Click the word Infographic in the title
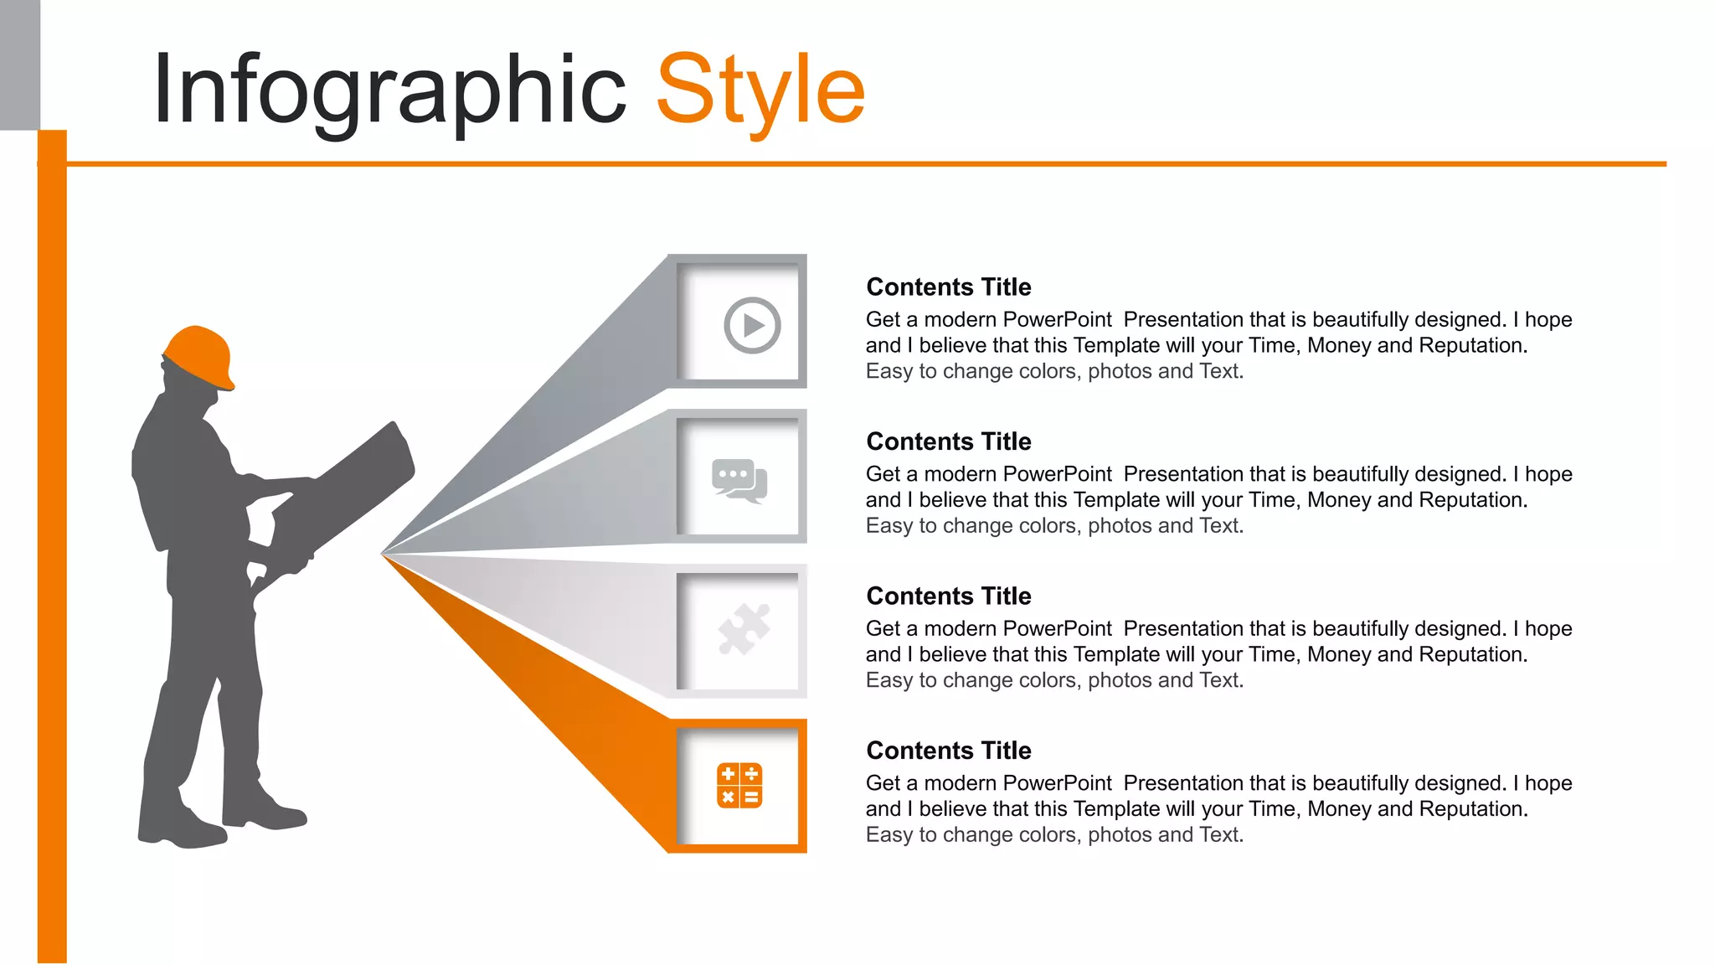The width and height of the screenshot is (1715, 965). [x=389, y=90]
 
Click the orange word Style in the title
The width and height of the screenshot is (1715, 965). [x=760, y=90]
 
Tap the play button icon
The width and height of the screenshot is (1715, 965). [x=752, y=325]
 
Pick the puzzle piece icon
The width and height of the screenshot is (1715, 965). [x=744, y=629]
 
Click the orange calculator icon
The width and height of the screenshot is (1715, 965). [x=739, y=786]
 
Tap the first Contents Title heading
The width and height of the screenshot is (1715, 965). [x=948, y=287]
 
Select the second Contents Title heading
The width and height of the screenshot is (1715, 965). [x=948, y=441]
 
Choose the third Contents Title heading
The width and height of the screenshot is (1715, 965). [x=948, y=596]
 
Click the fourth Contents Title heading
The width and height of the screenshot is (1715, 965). [x=948, y=751]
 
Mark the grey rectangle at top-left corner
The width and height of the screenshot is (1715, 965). [x=19, y=65]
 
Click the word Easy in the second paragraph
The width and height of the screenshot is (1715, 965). [x=888, y=526]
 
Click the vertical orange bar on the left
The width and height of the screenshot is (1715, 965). [x=52, y=544]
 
